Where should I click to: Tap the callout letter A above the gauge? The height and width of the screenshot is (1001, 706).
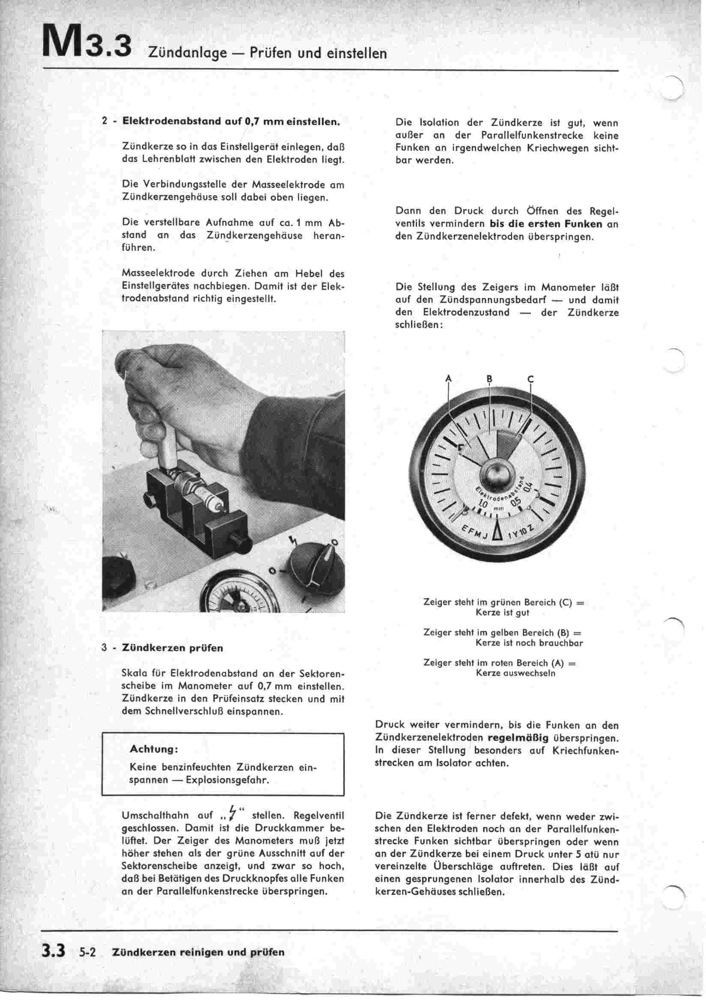point(448,378)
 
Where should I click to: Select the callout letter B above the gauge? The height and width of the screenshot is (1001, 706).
point(489,378)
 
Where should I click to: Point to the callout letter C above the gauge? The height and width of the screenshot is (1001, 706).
point(530,378)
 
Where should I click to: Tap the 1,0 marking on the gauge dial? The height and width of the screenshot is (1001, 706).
point(483,504)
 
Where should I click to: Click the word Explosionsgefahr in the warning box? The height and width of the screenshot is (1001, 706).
point(227,780)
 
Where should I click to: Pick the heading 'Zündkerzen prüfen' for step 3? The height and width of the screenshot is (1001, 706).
point(173,648)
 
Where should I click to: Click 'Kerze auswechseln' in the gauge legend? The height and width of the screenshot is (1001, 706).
point(516,673)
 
